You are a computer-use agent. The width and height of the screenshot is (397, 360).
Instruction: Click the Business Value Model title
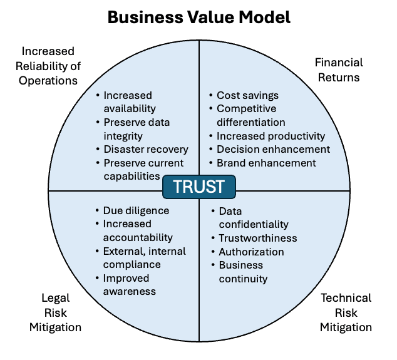tap(198, 17)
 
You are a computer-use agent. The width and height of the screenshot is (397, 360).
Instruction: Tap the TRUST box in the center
tap(198, 187)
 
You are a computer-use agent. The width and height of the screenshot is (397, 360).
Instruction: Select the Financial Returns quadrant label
tap(338, 70)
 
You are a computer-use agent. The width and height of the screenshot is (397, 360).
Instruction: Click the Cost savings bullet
tap(247, 96)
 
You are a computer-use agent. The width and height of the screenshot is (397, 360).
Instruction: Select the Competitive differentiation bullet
tap(250, 116)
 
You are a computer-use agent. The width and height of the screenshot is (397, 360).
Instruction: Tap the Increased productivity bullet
tap(271, 136)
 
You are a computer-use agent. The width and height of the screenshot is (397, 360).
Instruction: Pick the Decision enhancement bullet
tap(273, 150)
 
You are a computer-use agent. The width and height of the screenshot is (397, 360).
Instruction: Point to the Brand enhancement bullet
tap(266, 163)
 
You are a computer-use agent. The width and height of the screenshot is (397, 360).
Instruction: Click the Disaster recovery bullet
tap(145, 150)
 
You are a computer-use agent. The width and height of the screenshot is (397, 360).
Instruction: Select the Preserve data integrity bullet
tap(137, 129)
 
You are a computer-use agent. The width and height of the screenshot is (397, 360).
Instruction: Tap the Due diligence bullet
tap(136, 211)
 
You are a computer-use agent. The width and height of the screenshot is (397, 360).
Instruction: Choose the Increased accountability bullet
tap(138, 231)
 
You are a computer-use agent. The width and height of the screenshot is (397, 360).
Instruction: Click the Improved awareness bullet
tap(130, 285)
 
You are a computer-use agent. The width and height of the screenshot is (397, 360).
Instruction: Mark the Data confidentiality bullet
tap(253, 218)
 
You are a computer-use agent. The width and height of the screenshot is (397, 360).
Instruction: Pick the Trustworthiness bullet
tap(257, 238)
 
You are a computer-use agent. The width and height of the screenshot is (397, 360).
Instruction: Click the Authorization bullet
tap(251, 252)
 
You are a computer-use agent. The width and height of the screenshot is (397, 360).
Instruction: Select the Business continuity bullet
tap(243, 272)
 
